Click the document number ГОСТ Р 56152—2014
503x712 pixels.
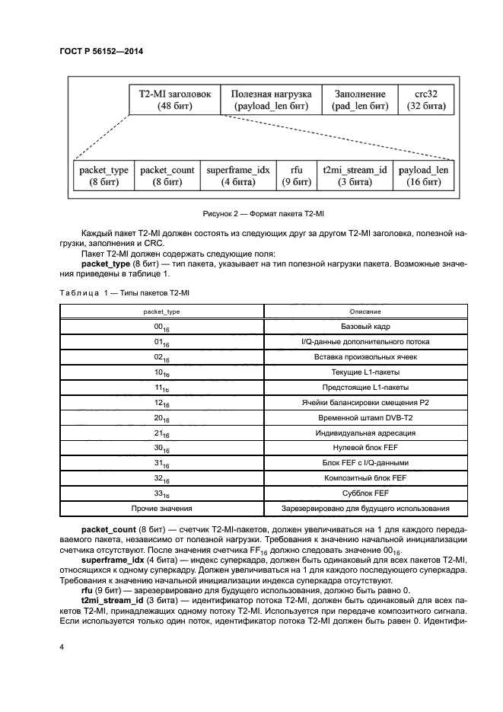tap(101, 51)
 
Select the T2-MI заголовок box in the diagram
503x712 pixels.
tap(174, 100)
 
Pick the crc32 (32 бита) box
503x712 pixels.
tap(424, 100)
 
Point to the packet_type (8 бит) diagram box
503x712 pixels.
tap(103, 176)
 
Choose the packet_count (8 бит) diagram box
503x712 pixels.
tap(167, 176)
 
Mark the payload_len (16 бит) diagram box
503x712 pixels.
tap(424, 176)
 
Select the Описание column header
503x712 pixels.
tap(359, 311)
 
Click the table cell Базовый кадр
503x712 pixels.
tap(359, 326)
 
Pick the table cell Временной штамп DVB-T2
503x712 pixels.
tap(359, 418)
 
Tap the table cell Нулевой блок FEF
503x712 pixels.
tap(359, 449)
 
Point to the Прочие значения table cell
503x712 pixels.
tap(161, 509)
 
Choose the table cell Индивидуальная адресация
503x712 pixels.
tap(359, 433)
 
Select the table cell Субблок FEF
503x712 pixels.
tap(359, 493)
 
